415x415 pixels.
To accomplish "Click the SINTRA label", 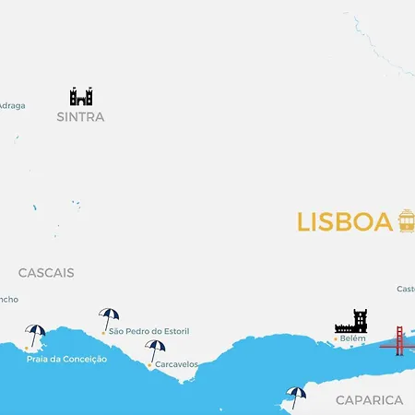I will tap(80, 117).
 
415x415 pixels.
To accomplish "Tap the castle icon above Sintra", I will tap(81, 96).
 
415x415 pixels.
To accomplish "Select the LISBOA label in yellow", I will tap(345, 222).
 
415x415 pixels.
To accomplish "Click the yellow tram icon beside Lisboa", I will tap(406, 220).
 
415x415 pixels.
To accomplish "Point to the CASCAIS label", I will tap(46, 273).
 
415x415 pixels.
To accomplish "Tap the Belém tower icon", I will tap(351, 321).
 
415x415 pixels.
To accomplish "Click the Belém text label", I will tap(353, 338).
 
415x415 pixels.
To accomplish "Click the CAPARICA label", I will tap(369, 400).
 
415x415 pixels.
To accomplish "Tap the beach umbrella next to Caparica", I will tap(295, 396).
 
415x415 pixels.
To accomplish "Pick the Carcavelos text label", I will tap(176, 364).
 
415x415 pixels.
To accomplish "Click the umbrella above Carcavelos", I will tap(155, 350).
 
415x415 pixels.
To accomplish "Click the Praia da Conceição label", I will tap(67, 359).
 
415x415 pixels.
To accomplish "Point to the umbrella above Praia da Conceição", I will tap(36, 334).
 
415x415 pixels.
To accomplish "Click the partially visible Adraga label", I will tap(12, 105).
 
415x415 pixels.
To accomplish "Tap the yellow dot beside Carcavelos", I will tap(149, 364).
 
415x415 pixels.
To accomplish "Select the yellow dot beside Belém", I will tap(334, 338).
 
